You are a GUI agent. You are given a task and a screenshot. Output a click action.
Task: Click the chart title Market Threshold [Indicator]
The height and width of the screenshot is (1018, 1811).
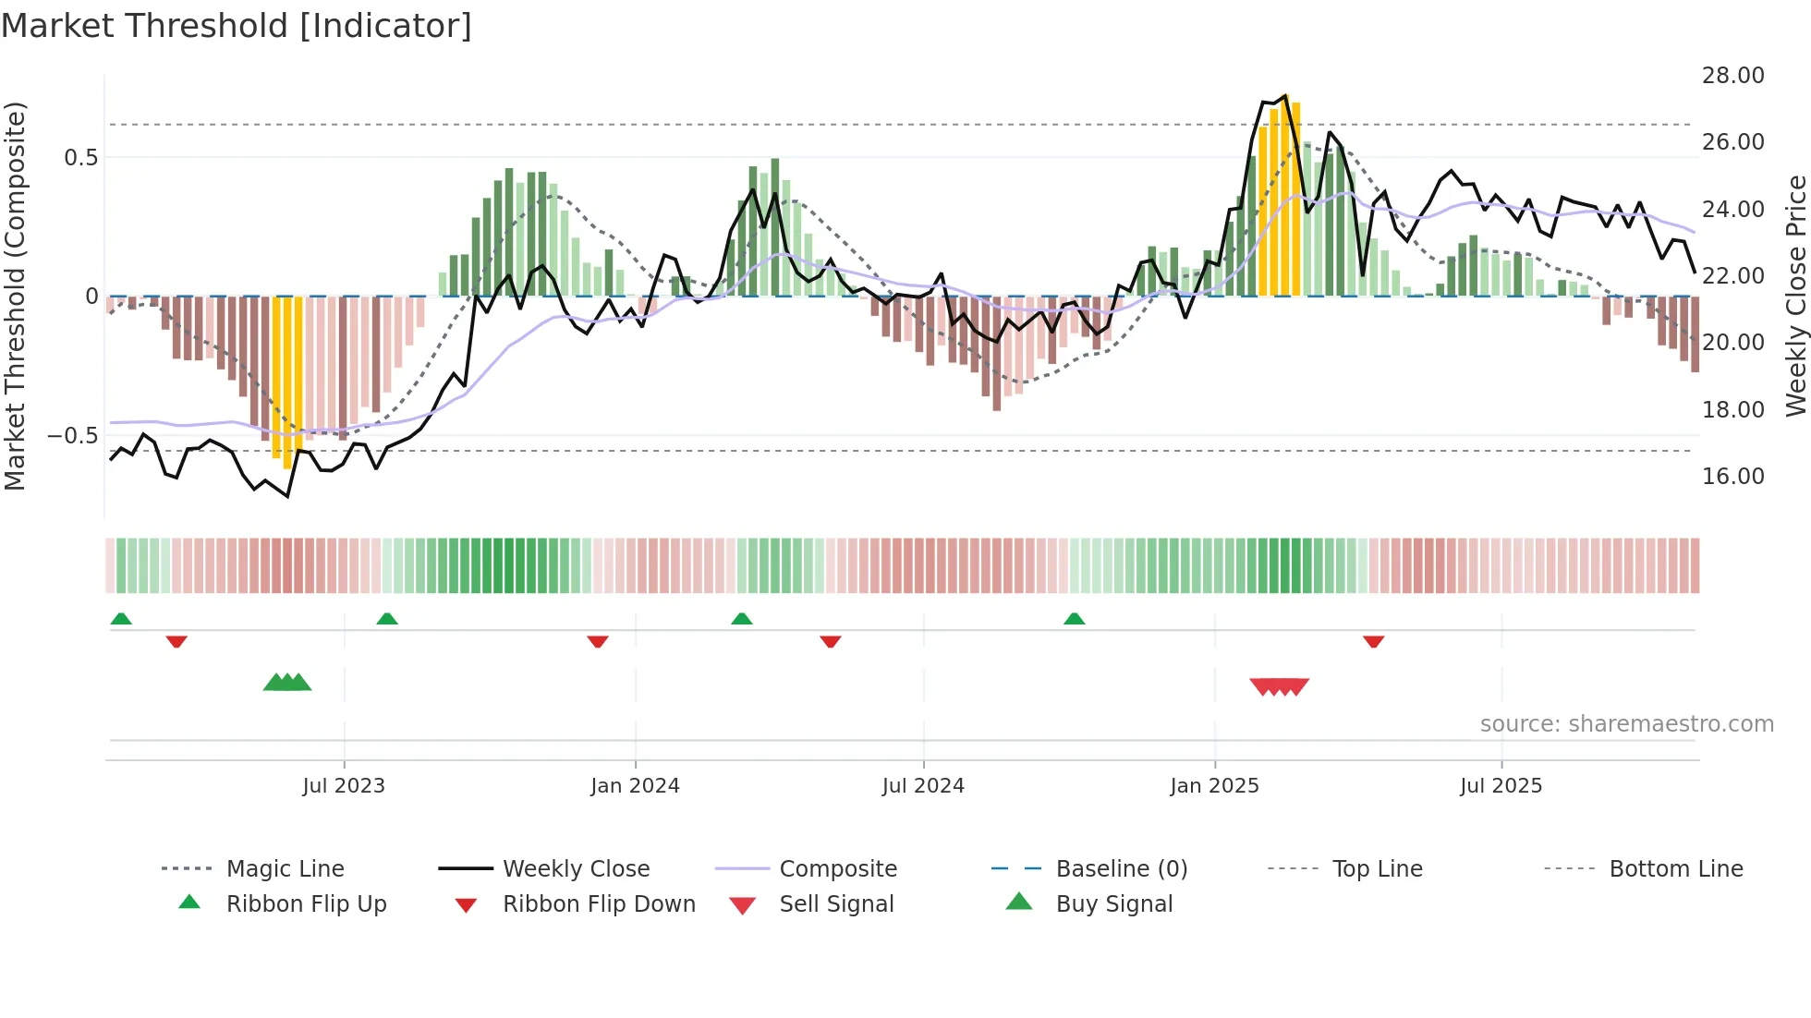pos(237,26)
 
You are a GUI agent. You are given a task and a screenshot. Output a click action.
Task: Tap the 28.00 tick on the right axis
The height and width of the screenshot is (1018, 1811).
pos(1732,76)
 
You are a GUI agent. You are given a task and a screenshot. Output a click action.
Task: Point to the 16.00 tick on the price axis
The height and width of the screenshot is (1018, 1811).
pos(1732,477)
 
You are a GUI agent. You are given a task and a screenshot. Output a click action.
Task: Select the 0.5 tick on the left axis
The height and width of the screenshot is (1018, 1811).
pos(81,158)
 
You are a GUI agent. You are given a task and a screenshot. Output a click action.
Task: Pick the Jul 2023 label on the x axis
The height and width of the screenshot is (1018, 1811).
pos(344,786)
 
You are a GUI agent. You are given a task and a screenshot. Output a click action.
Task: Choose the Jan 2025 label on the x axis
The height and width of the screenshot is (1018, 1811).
pos(1214,786)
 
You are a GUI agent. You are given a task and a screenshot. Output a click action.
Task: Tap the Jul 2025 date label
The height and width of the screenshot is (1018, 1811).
pos(1501,786)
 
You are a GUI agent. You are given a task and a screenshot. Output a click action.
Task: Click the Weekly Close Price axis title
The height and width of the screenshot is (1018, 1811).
pos(1795,296)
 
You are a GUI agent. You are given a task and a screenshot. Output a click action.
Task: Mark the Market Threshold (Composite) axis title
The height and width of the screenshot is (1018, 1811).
pos(15,296)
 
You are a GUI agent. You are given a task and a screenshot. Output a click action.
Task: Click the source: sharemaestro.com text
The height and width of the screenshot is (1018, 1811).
pos(1626,724)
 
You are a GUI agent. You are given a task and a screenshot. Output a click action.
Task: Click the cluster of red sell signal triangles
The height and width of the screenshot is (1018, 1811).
pos(1279,686)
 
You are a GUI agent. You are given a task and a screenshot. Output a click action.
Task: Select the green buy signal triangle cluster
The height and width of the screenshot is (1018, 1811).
pos(287,684)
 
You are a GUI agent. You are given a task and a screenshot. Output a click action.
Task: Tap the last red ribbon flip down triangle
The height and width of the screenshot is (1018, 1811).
pos(1373,641)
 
